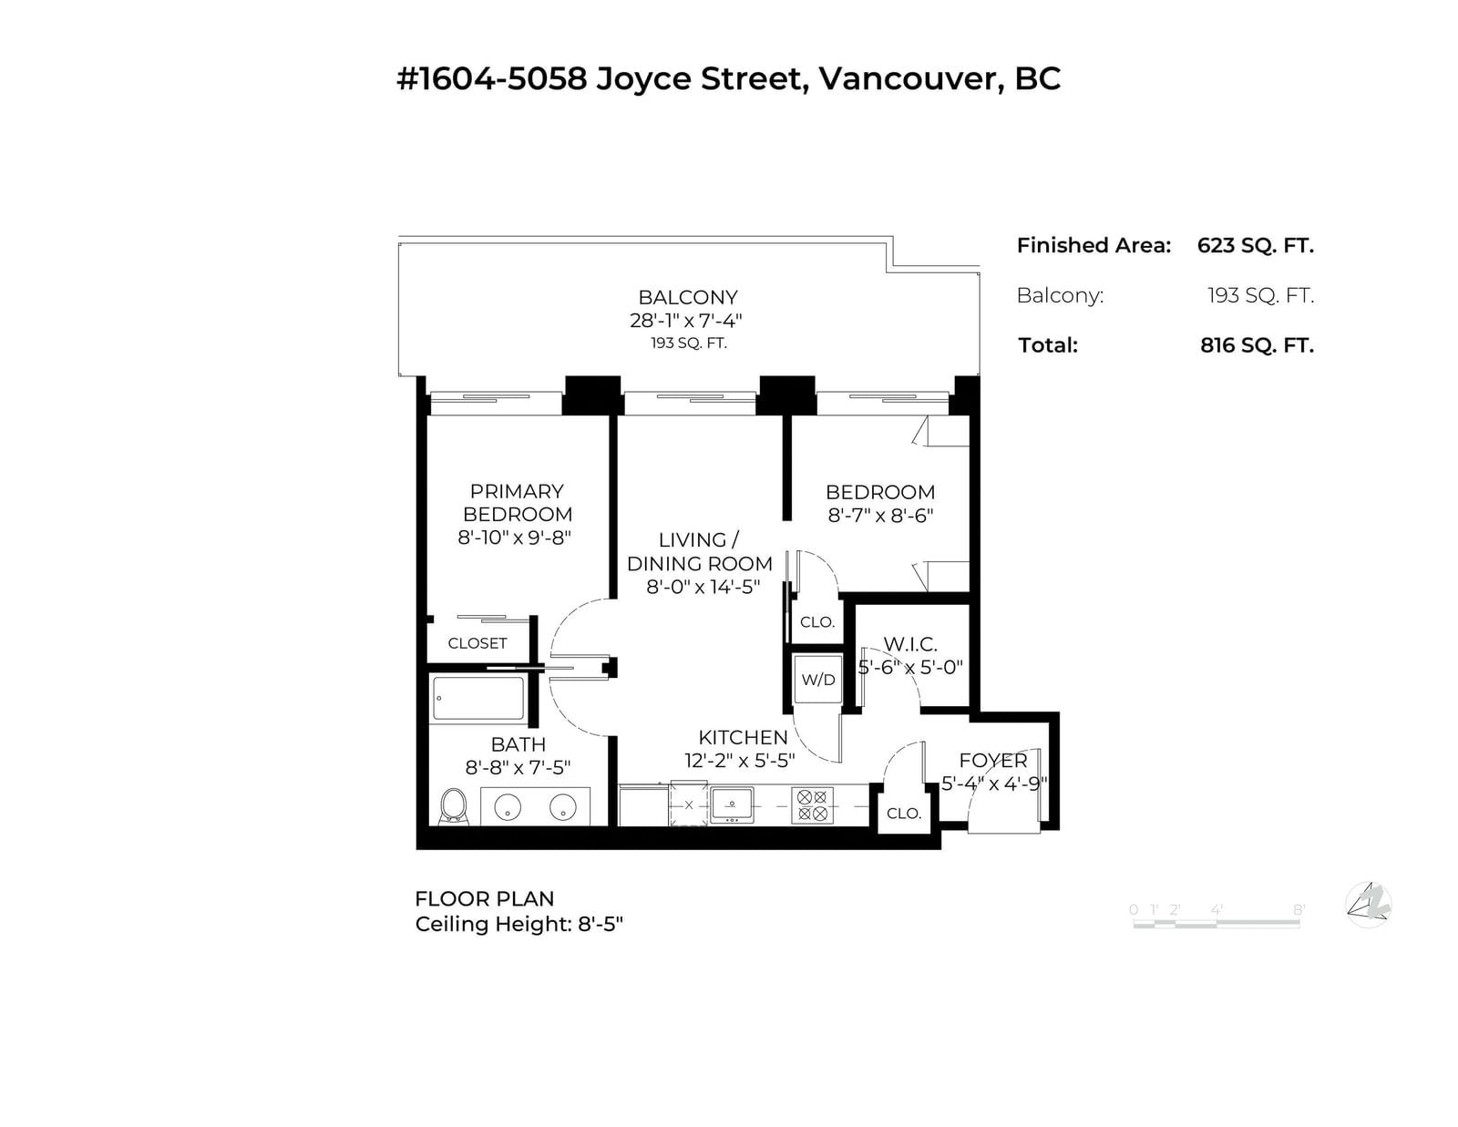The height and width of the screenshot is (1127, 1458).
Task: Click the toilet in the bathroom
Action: coord(453,805)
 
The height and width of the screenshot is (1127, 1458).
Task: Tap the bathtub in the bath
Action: coord(477,698)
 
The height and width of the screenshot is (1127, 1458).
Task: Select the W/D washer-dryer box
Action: coord(818,680)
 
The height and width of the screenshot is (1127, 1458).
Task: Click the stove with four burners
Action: coord(812,805)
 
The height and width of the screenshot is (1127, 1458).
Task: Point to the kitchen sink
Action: coord(732,805)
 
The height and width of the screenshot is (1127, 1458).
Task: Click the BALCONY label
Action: coord(688,297)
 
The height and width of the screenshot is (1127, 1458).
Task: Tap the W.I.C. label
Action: coord(909,644)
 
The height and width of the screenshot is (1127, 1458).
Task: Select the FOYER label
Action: coord(993,760)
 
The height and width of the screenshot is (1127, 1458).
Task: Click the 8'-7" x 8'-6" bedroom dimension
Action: coord(880,515)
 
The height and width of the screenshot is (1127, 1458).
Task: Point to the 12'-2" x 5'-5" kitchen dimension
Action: coord(739,760)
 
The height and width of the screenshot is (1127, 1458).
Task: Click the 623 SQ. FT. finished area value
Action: coord(1256,245)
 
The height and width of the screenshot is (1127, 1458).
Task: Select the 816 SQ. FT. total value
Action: coord(1257,345)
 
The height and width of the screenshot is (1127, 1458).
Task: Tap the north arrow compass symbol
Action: coord(1369,905)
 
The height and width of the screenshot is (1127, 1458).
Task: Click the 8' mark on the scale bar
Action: coord(1299,909)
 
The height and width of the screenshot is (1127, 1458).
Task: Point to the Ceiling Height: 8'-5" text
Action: coord(519,925)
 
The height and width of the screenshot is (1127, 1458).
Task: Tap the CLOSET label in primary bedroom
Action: coord(477,643)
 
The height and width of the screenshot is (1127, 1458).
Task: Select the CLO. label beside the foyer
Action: coord(904,814)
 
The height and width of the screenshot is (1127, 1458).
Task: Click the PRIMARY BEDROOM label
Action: coord(517,503)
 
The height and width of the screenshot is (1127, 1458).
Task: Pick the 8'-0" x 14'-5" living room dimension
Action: coord(703,587)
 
